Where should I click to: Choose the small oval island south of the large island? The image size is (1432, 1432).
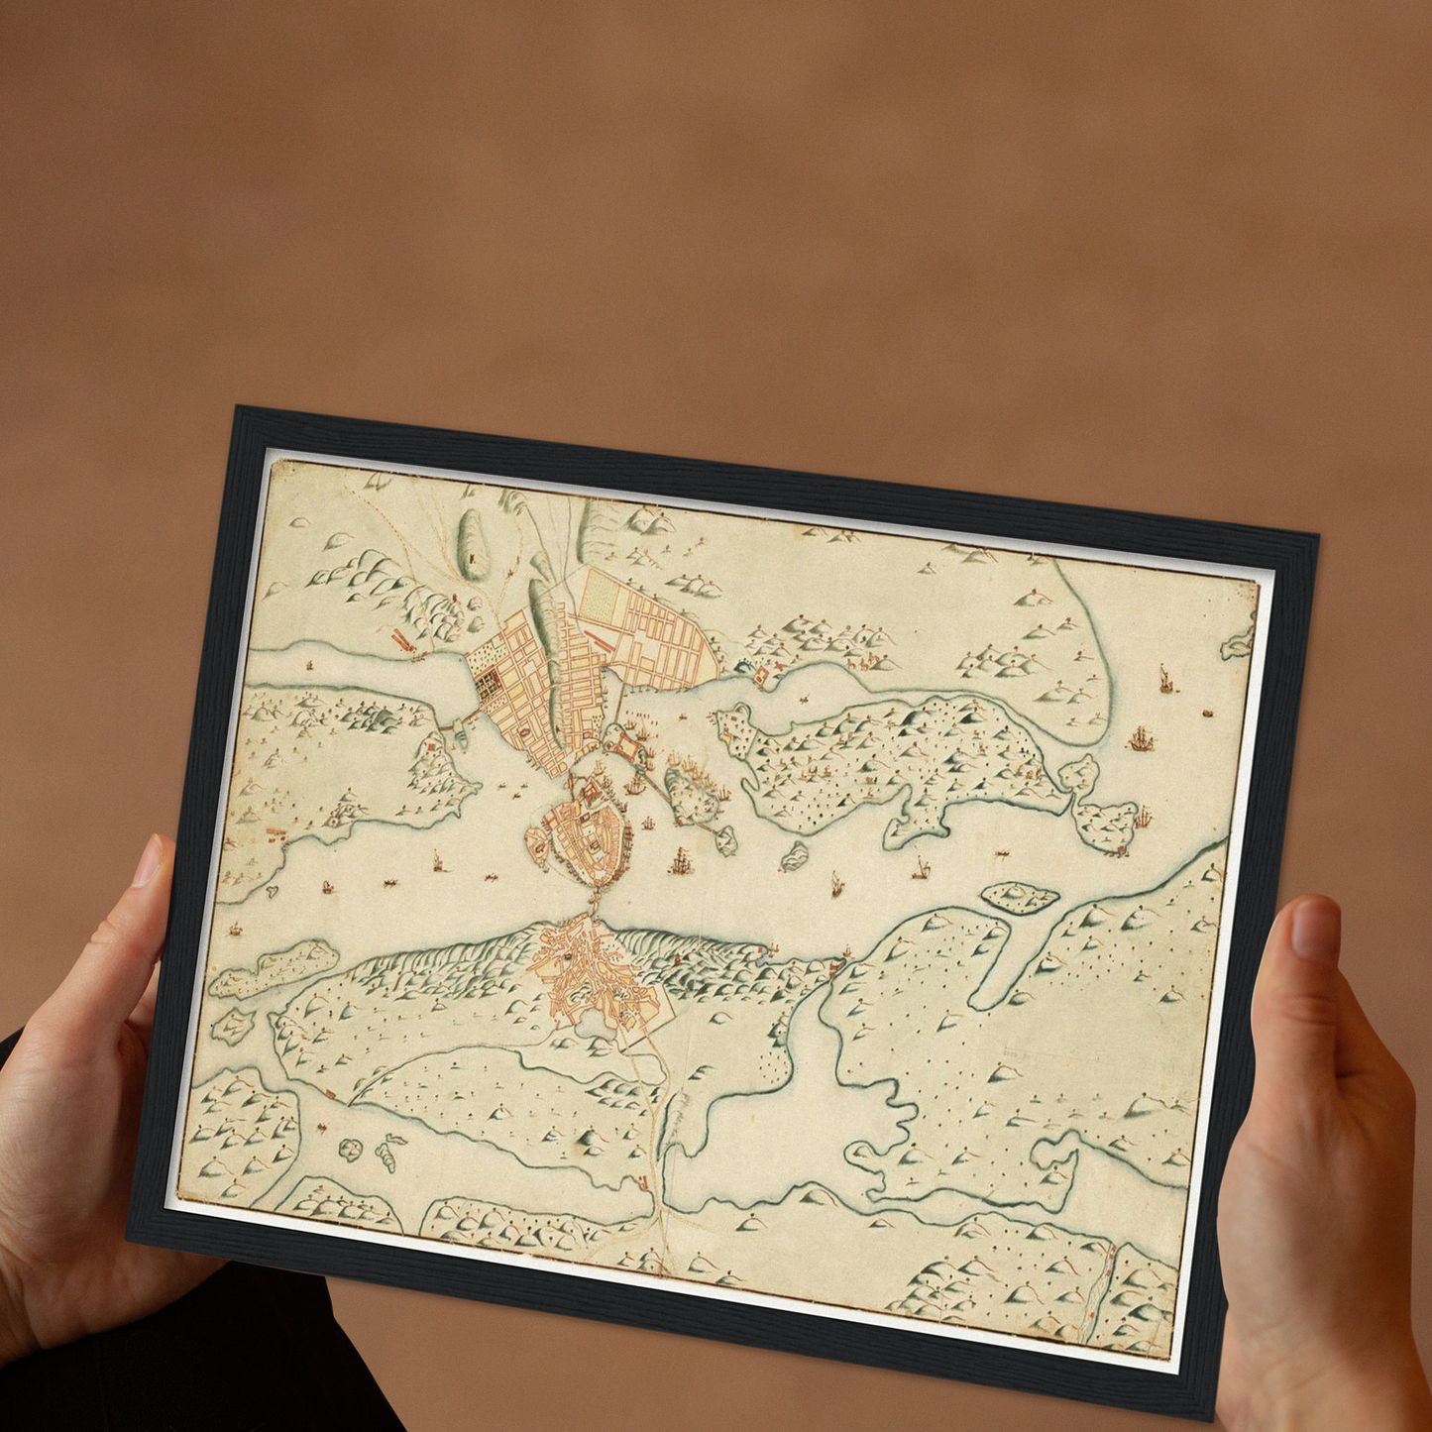pos(1019,897)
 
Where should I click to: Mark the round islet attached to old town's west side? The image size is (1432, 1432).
pos(537,842)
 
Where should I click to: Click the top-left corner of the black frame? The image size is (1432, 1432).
pos(236,409)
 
